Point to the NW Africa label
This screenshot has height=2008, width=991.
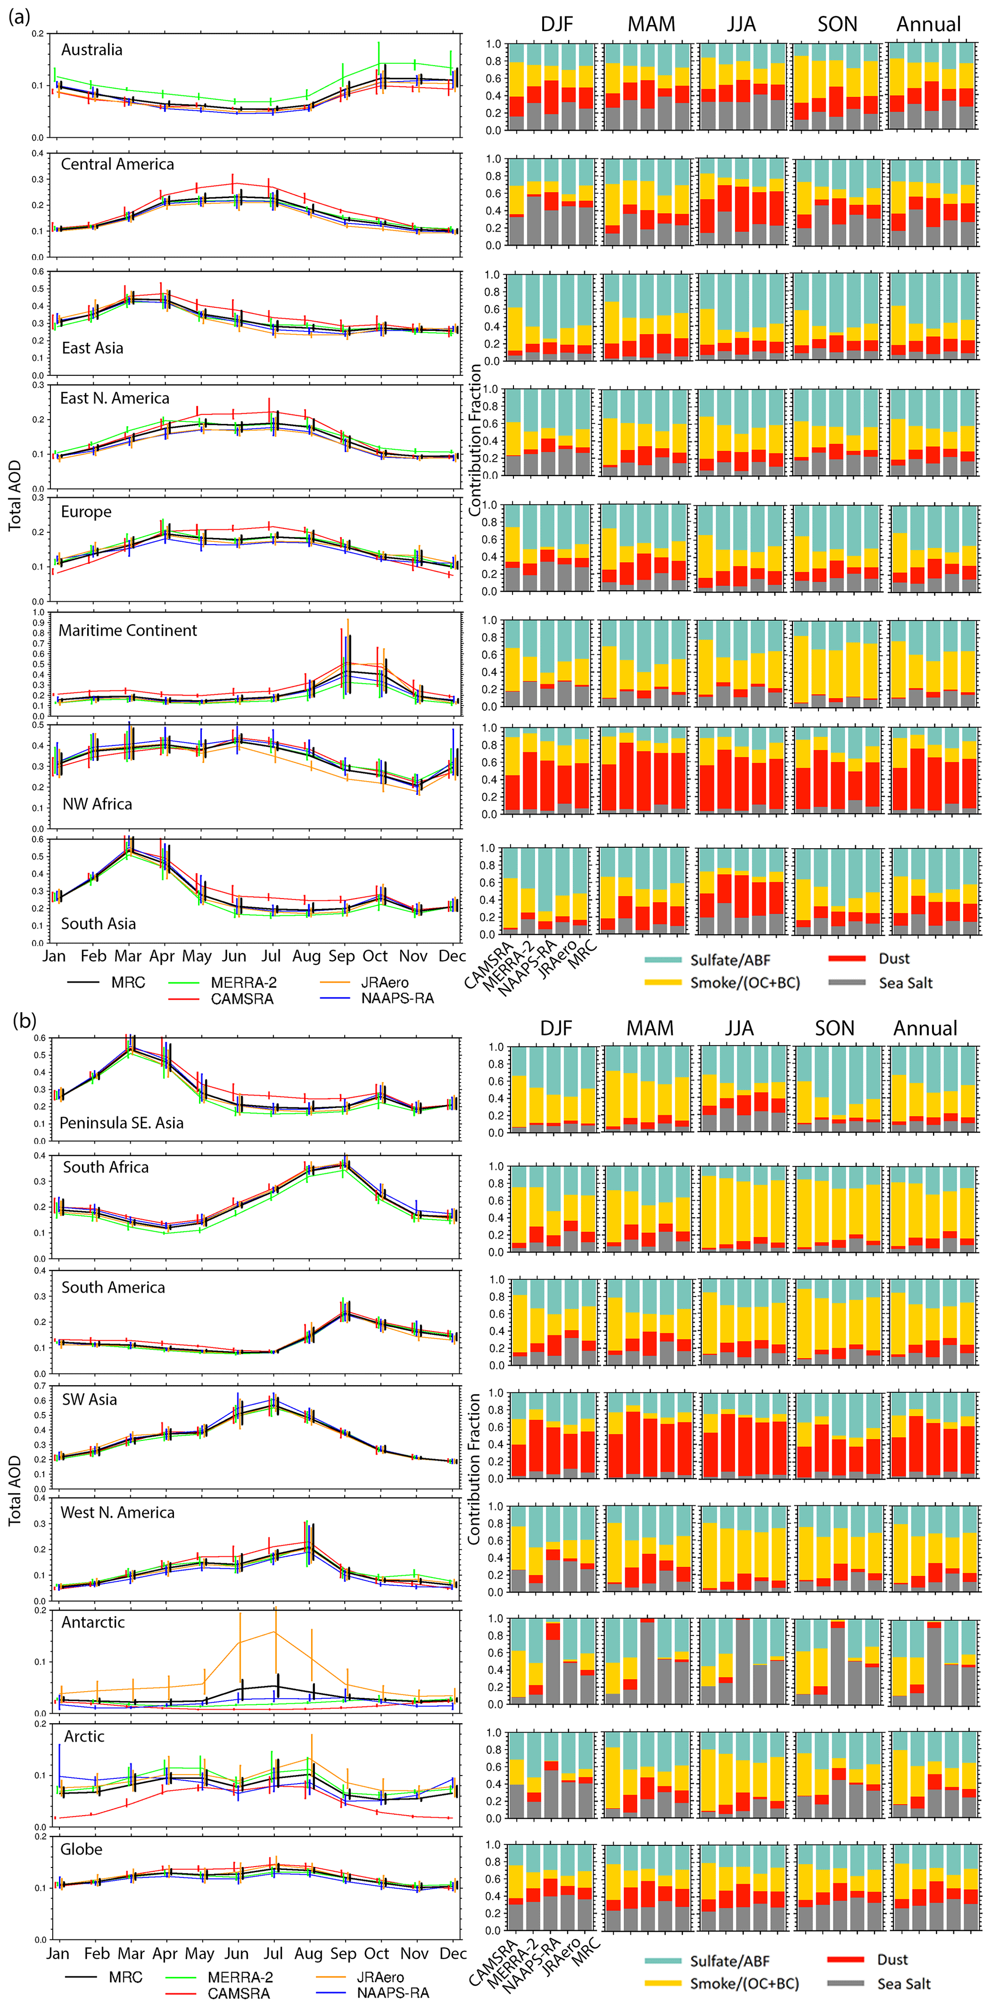click(97, 804)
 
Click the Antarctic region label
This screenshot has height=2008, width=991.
click(93, 1622)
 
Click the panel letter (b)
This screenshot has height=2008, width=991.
click(23, 1020)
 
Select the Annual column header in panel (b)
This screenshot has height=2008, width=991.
click(925, 1028)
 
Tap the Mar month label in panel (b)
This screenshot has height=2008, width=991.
click(131, 1953)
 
